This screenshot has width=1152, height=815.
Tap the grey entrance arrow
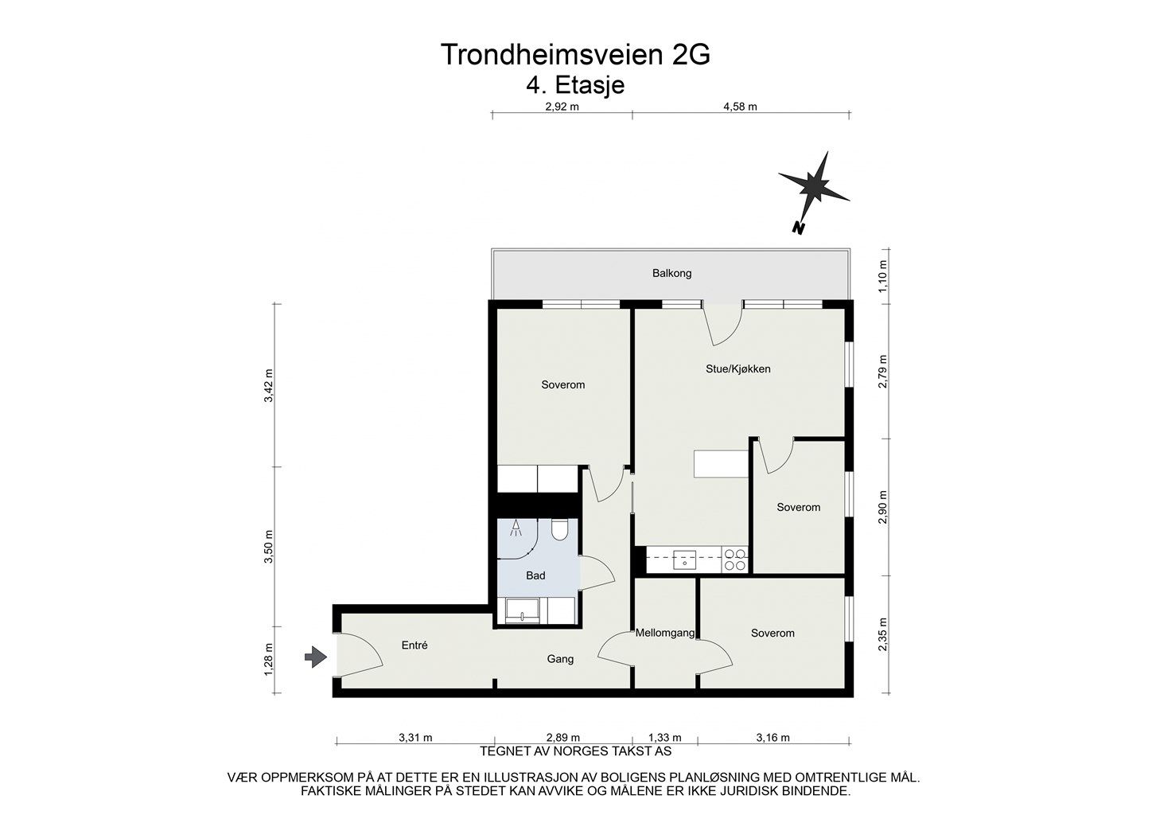point(316,657)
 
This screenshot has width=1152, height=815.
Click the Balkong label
point(671,273)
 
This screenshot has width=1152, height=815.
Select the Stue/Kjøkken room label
point(738,369)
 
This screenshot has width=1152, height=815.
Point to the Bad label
point(535,575)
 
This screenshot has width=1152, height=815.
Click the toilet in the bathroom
point(558,529)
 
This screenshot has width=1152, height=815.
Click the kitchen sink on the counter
point(683,560)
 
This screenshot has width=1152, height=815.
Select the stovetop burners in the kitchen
point(734,560)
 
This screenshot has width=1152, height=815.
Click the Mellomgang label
point(665,634)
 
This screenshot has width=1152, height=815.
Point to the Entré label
point(414,645)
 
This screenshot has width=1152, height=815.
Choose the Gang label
point(560,659)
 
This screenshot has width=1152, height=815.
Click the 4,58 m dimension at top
point(740,107)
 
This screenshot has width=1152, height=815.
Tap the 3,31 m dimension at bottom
point(415,738)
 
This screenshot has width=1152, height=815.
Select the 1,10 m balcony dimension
point(882,274)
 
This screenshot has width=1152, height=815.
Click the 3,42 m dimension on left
point(269,386)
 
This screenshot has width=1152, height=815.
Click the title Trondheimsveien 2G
point(575,55)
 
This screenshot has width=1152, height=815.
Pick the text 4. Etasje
point(575,84)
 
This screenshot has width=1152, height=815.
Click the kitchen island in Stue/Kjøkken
point(721,464)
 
